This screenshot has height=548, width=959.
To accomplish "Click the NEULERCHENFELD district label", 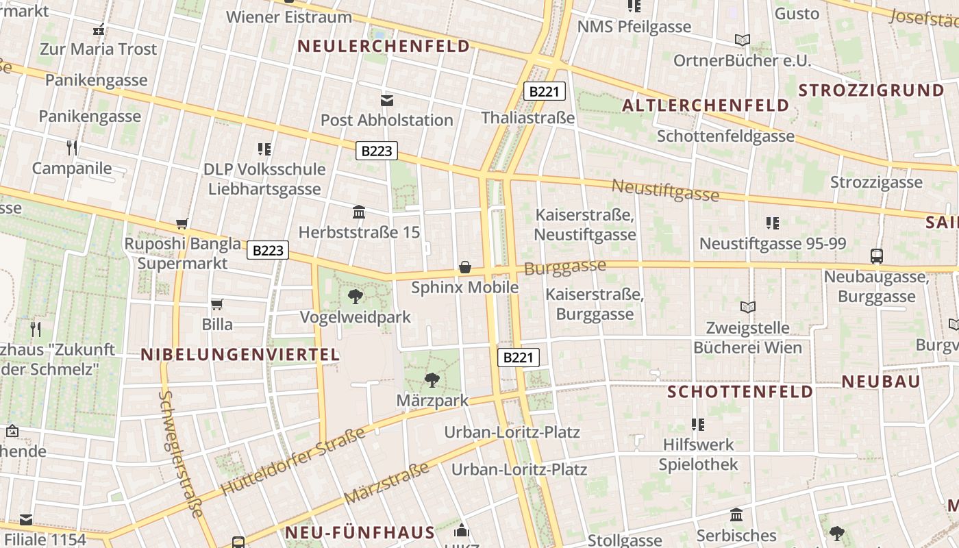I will point(384,47).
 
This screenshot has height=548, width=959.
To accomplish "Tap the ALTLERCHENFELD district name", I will point(706,105).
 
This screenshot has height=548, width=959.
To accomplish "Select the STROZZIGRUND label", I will point(871,90).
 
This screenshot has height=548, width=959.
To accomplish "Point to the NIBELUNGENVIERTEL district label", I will point(240,354).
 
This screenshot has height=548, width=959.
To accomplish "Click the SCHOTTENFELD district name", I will point(740,392).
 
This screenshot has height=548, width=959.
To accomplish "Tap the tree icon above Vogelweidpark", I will point(356,297).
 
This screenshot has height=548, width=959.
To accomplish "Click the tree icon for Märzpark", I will point(432,379).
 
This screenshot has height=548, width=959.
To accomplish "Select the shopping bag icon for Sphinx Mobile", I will point(465,266).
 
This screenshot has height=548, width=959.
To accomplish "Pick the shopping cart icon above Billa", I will point(217,304).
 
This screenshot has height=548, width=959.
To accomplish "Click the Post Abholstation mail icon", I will point(387,101).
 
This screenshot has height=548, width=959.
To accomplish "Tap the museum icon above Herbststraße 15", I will point(359,212).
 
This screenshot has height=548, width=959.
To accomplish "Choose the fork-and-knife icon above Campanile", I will point(72,147).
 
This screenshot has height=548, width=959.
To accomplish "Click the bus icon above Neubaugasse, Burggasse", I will point(876,256).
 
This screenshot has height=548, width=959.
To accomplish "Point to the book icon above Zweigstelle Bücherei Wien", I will point(748,307).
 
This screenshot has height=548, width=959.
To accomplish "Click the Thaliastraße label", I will point(527,118).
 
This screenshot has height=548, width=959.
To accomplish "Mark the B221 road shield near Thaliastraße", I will point(544,91).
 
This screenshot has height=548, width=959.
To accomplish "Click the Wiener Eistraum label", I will point(288,16).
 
